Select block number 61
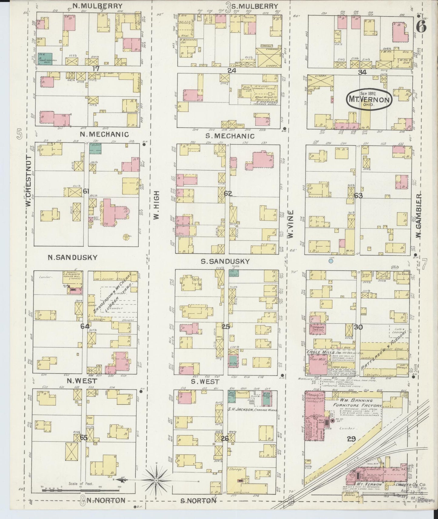[86, 191]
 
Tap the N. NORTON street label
[106, 500]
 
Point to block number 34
[362, 72]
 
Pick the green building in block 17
[45, 59]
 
